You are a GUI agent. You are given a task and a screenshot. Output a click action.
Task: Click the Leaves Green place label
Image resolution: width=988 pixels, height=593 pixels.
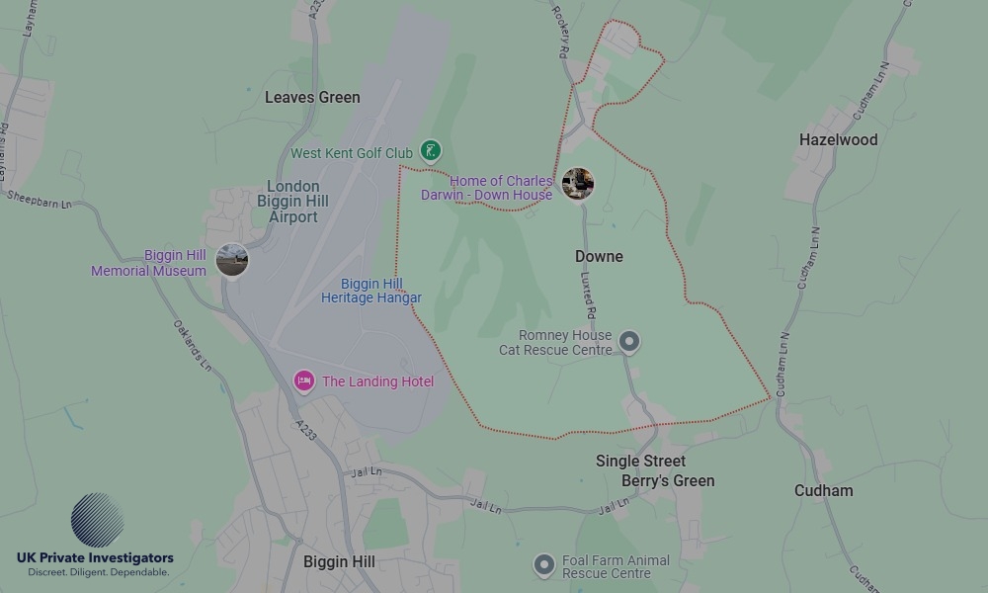pyautogui.click(x=312, y=98)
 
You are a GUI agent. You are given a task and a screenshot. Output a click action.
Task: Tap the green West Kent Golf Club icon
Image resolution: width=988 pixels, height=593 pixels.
pyautogui.click(x=430, y=151)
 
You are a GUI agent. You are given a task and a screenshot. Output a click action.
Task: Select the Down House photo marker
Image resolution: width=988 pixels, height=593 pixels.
pyautogui.click(x=578, y=183)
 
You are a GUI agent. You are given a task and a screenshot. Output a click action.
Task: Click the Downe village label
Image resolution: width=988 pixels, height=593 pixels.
pyautogui.click(x=599, y=256)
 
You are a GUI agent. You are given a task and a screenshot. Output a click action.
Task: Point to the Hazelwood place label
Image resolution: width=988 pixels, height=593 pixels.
pyautogui.click(x=838, y=140)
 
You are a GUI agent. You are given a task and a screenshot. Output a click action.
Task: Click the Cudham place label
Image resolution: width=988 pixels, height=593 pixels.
pyautogui.click(x=823, y=490)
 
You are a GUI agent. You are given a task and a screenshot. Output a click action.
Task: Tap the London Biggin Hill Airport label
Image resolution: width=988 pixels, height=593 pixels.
pyautogui.click(x=293, y=201)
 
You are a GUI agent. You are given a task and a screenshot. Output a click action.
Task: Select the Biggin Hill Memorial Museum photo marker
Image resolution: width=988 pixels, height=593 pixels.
pyautogui.click(x=232, y=260)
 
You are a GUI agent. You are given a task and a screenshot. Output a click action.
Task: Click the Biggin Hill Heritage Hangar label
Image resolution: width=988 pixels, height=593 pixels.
pyautogui.click(x=371, y=291)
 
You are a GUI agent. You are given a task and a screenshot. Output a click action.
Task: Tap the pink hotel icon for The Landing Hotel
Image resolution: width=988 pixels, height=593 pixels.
pyautogui.click(x=304, y=381)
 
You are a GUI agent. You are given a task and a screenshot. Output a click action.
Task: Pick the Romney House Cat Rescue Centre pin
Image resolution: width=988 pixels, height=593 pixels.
pyautogui.click(x=629, y=342)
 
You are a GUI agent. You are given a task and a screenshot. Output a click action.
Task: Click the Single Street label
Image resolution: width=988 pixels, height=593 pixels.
pyautogui.click(x=640, y=461)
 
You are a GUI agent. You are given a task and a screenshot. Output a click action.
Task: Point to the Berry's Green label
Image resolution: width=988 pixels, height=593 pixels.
pyautogui.click(x=668, y=480)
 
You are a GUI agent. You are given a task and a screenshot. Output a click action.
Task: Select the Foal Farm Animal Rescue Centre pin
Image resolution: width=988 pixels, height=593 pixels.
pyautogui.click(x=543, y=565)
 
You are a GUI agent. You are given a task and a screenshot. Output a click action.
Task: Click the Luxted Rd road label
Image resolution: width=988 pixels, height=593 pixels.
pyautogui.click(x=589, y=297)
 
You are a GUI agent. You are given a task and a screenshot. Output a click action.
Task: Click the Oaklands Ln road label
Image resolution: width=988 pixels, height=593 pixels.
pyautogui.click(x=193, y=344)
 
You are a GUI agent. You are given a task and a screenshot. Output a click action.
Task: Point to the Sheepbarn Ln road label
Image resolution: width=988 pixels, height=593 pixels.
pyautogui.click(x=40, y=197)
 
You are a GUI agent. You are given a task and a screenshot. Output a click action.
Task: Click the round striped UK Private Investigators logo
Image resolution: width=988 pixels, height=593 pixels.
pyautogui.click(x=97, y=520)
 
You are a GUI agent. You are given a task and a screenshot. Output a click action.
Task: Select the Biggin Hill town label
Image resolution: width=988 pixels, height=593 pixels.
pyautogui.click(x=339, y=561)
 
